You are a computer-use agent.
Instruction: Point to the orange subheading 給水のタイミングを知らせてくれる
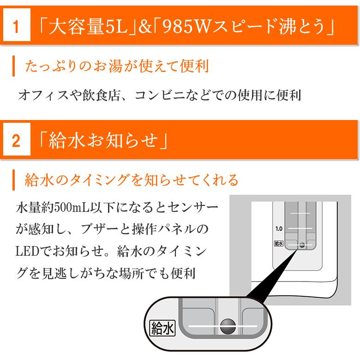coord(132,180)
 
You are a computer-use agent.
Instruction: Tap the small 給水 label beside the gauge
coord(278,243)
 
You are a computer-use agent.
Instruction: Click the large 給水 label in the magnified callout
coord(163,329)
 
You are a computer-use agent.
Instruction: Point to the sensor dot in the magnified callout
coord(227,326)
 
